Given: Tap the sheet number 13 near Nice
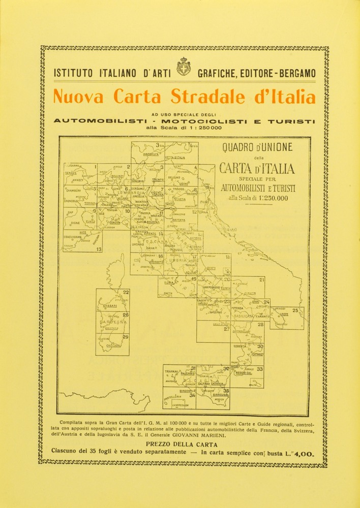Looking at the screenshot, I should click(99, 249).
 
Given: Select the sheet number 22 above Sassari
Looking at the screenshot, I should click(126, 292).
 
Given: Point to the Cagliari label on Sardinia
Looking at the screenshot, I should click(113, 346).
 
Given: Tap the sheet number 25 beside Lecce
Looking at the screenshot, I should click(295, 310).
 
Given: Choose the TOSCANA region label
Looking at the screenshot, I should click(152, 242).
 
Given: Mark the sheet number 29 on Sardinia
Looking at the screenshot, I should click(126, 337).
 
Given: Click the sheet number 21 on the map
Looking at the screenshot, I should click(261, 280).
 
